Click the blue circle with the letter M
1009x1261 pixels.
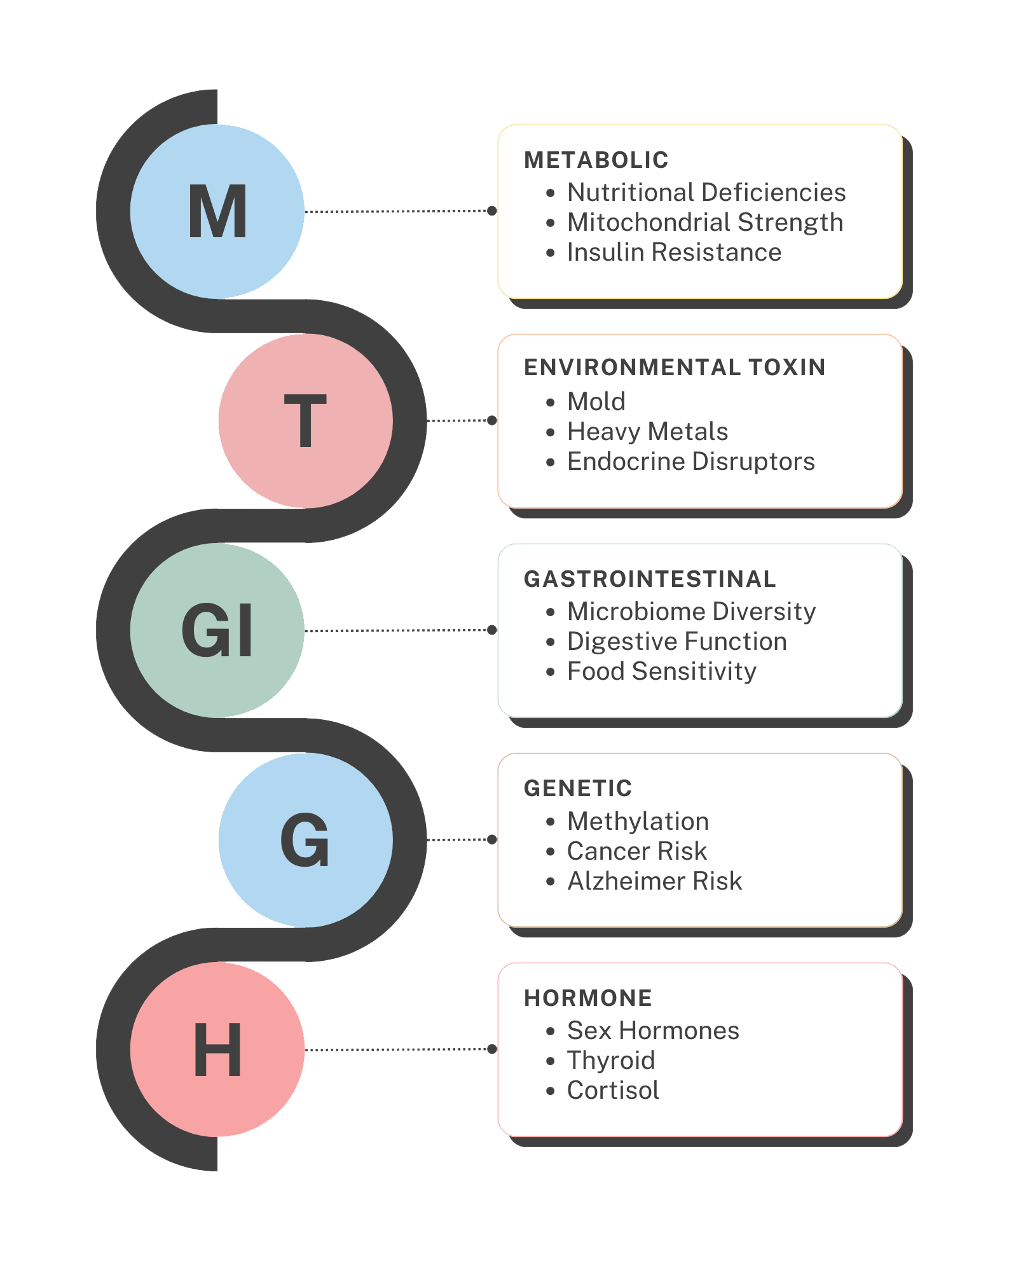pyautogui.click(x=217, y=211)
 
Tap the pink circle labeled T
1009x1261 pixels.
pyautogui.click(x=305, y=420)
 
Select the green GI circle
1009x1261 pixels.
pyautogui.click(x=217, y=630)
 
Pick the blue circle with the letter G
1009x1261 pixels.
pyautogui.click(x=305, y=839)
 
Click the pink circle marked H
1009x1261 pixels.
pyautogui.click(x=217, y=1049)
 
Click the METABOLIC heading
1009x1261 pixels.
pyautogui.click(x=596, y=160)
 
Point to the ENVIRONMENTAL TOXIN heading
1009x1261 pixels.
pyautogui.click(x=674, y=368)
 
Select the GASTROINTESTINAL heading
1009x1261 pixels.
pyautogui.click(x=650, y=579)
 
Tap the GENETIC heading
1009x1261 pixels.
pyautogui.click(x=577, y=789)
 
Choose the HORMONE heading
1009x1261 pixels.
pyautogui.click(x=587, y=998)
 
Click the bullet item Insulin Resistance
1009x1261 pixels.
pyautogui.click(x=674, y=252)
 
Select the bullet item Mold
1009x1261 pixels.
pyautogui.click(x=596, y=402)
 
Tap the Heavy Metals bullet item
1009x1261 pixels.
pyautogui.click(x=647, y=432)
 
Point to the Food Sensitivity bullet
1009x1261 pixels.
pyautogui.click(x=661, y=672)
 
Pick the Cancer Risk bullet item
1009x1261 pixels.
pyautogui.click(x=636, y=851)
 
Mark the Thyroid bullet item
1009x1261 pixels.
pyautogui.click(x=610, y=1060)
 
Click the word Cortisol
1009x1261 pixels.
pyautogui.click(x=613, y=1091)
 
